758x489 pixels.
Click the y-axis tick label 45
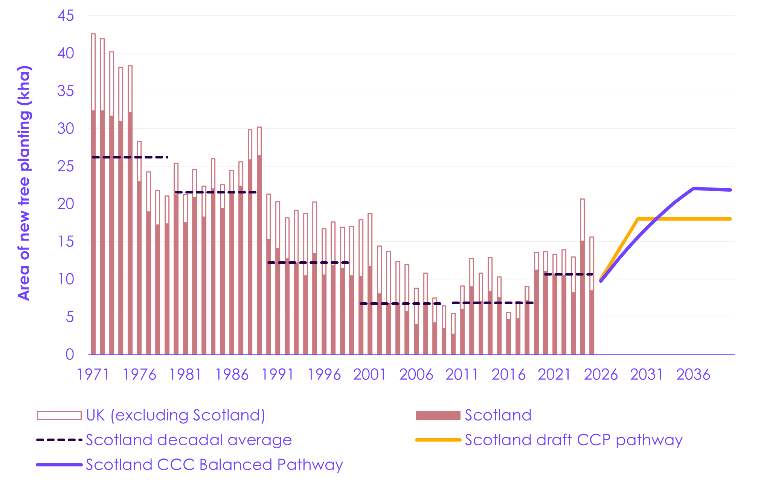(x=66, y=16)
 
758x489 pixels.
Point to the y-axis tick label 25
(x=66, y=166)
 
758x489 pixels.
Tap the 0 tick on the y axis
(x=70, y=355)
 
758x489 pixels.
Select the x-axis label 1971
(x=93, y=375)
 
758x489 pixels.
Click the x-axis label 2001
(x=370, y=375)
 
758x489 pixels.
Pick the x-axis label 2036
(x=693, y=375)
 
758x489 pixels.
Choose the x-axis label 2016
(x=508, y=375)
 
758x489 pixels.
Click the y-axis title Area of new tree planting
(x=24, y=183)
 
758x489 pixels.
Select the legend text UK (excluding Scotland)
(x=175, y=415)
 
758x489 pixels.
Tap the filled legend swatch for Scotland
(x=438, y=415)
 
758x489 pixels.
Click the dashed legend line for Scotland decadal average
(x=59, y=440)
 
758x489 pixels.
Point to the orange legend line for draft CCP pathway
(x=438, y=440)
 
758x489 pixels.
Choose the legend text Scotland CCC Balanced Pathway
(x=214, y=465)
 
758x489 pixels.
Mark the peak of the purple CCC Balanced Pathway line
(x=693, y=188)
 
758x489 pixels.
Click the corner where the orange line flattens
(x=638, y=219)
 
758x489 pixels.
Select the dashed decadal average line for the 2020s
(x=569, y=274)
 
